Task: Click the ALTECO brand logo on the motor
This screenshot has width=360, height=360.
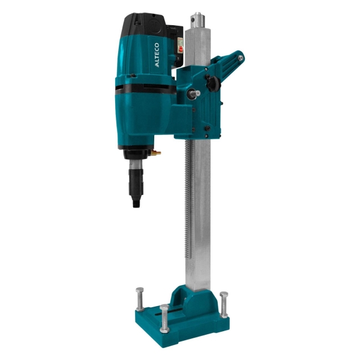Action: pos(157,55)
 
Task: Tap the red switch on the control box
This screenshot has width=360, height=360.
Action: pos(181,49)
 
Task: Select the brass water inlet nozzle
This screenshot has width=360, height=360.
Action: pos(156,152)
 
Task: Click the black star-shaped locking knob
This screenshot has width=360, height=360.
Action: pos(212,83)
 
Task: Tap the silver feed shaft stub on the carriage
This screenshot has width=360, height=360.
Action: pos(194,94)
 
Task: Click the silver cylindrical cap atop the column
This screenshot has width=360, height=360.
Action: pos(198,20)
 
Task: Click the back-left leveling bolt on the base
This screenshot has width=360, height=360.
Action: pos(140,299)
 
